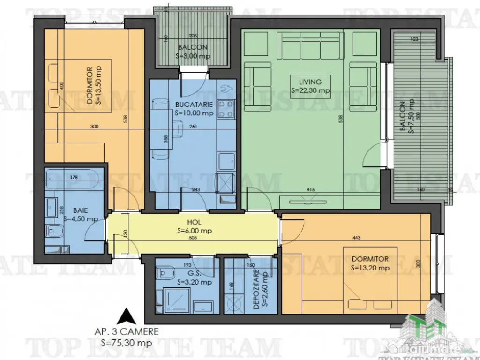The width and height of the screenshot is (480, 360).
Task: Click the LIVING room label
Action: (309, 82)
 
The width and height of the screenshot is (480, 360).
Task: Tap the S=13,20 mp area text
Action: (370, 268)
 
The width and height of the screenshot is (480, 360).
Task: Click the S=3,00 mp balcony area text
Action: (193, 56)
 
